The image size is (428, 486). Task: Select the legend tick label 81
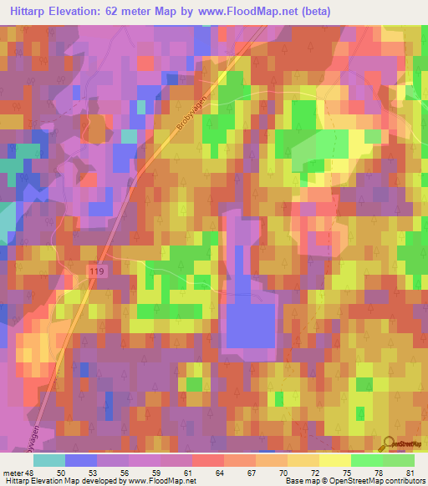(x=410, y=473)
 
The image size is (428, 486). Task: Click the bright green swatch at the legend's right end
(x=399, y=460)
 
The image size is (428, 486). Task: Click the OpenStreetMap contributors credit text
(x=372, y=481)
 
